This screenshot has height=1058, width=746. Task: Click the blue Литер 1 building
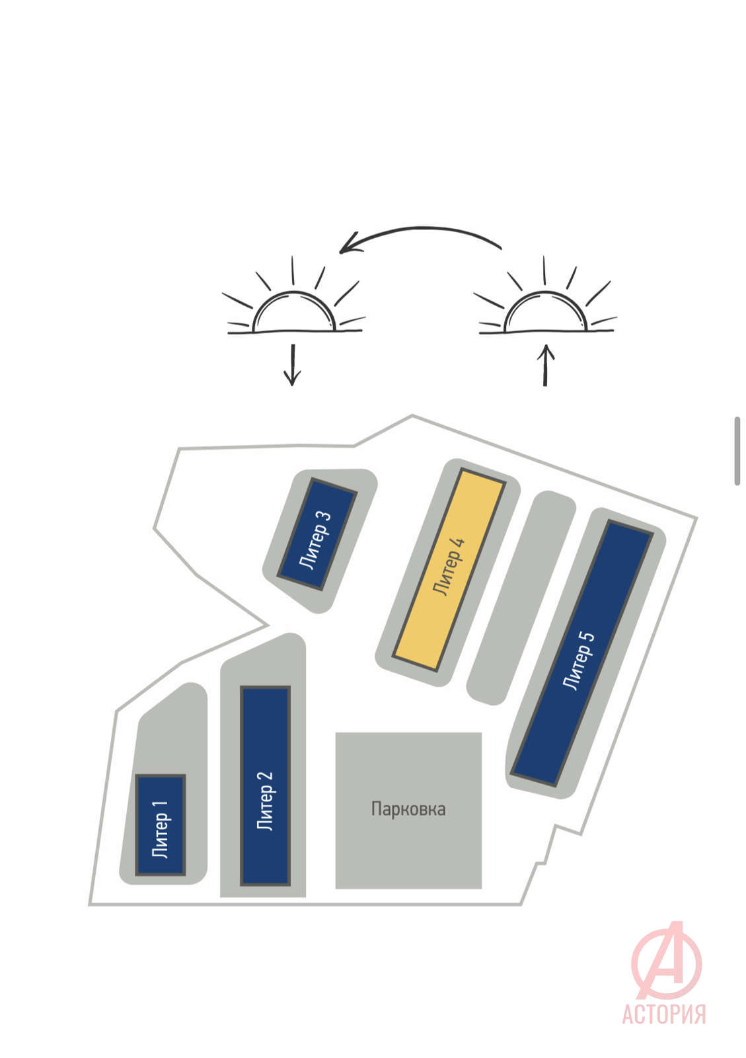(161, 825)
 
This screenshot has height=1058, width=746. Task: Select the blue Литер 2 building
(265, 786)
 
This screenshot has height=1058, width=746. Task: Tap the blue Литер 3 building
(317, 534)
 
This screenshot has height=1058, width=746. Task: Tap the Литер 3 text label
(315, 540)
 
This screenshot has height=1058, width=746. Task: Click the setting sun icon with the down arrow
(293, 310)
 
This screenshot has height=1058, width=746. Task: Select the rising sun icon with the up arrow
(545, 310)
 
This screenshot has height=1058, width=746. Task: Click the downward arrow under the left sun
(293, 364)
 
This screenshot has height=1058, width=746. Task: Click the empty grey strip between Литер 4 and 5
(521, 598)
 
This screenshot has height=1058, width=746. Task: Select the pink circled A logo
(666, 959)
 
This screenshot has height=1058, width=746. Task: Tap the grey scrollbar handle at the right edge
(737, 451)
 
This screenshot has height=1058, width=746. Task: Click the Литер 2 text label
(265, 800)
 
